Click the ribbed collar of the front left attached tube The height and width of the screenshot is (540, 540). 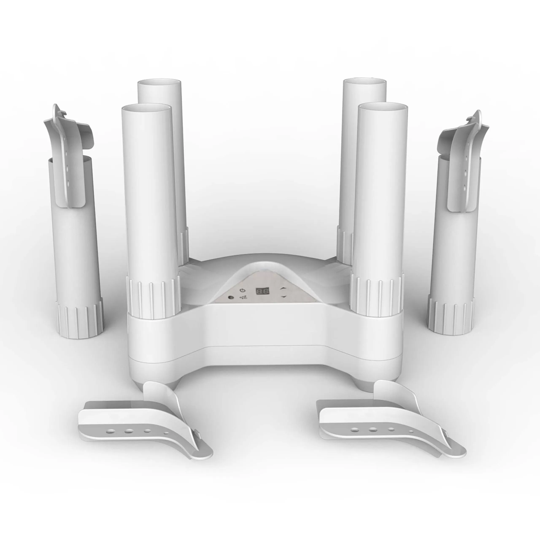click(153, 296)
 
